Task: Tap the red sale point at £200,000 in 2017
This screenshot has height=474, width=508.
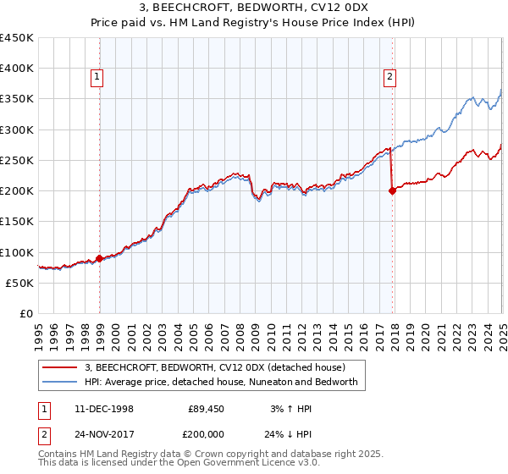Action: pyautogui.click(x=392, y=191)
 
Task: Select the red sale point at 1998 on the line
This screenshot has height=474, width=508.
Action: pyautogui.click(x=100, y=258)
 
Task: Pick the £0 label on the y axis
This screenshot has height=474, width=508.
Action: pyautogui.click(x=26, y=313)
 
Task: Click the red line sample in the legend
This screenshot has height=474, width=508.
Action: pyautogui.click(x=61, y=367)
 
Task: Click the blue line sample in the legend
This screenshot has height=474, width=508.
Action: pyautogui.click(x=61, y=382)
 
